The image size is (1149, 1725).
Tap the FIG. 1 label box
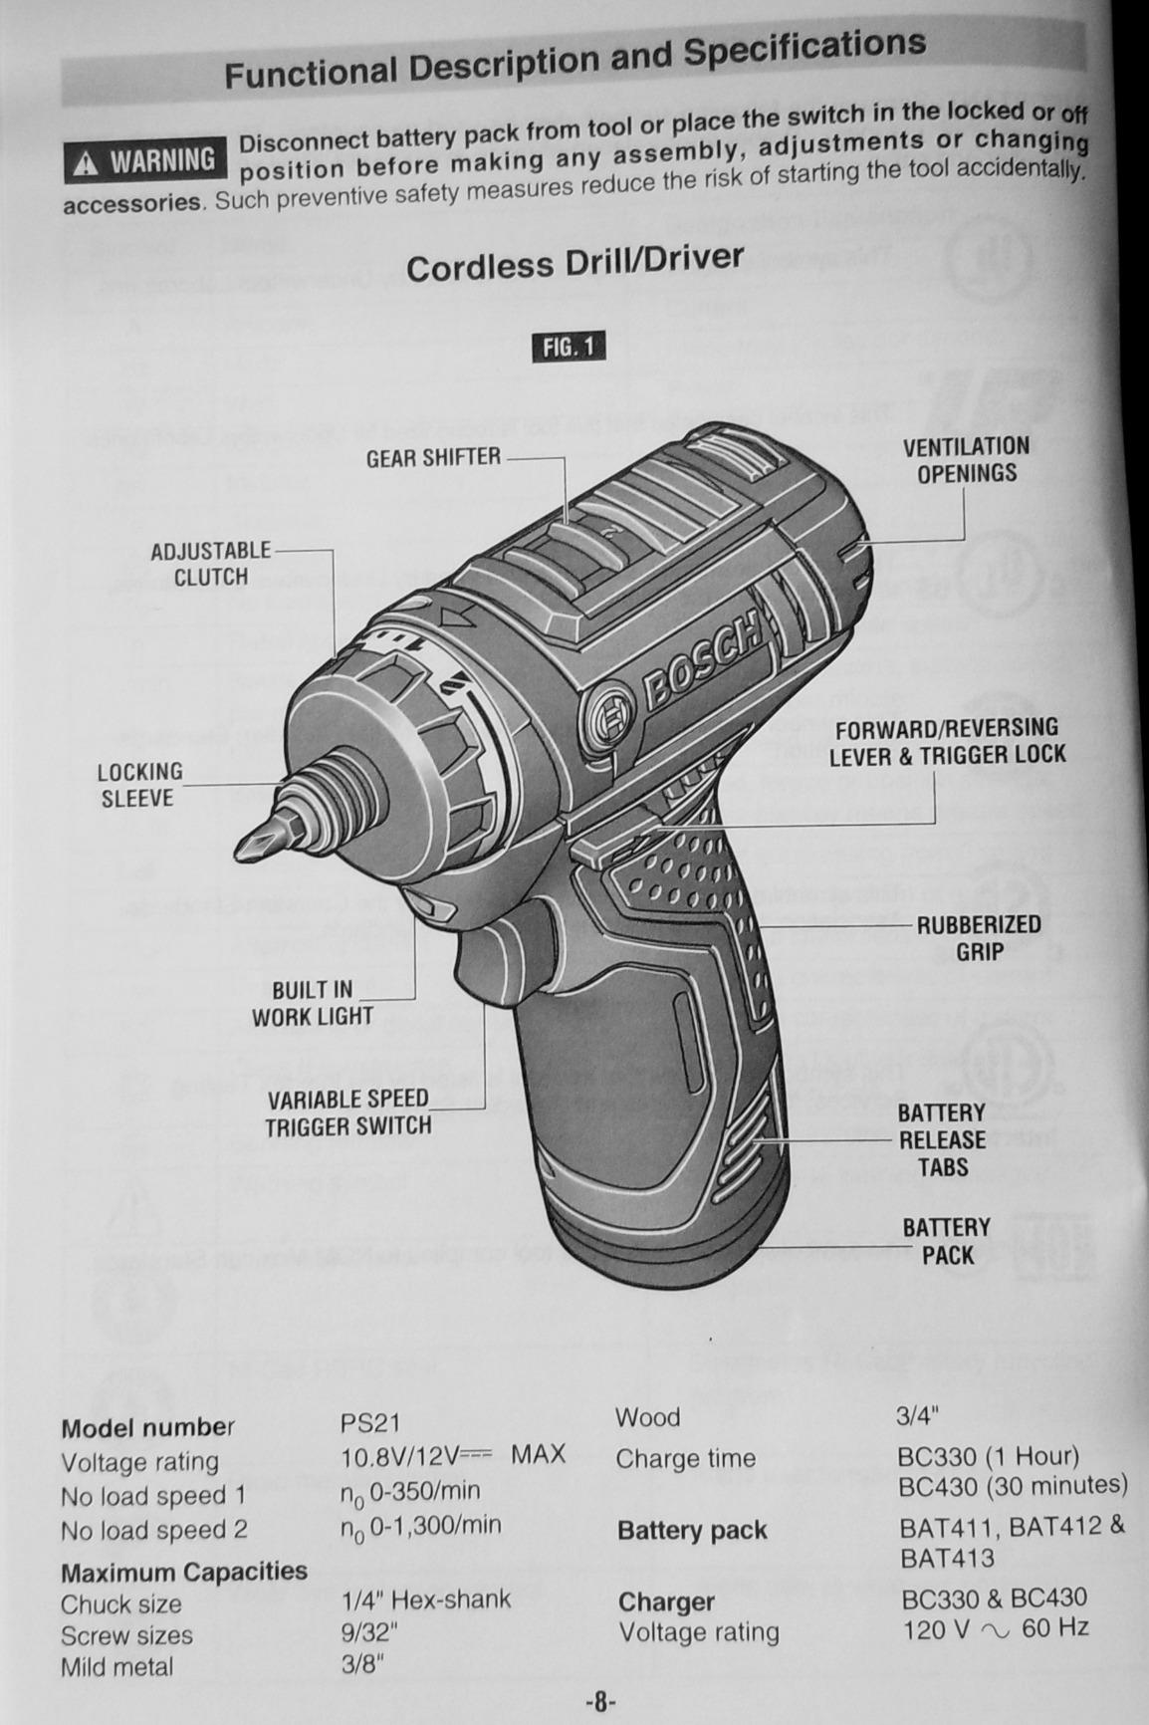570,347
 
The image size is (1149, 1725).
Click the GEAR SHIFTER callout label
433,458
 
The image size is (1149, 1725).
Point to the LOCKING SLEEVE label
139,785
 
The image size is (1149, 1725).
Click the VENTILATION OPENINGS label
966,460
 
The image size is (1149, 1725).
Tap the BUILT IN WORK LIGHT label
312,1003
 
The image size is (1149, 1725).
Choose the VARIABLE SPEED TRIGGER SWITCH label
347,1112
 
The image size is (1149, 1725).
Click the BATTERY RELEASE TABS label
941,1139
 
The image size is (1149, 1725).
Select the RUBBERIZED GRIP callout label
978,938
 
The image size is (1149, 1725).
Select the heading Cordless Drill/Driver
574,263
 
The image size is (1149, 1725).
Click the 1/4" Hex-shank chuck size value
425,1600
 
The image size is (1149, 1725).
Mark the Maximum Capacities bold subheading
184,1571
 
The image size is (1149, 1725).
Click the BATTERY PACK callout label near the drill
946,1241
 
